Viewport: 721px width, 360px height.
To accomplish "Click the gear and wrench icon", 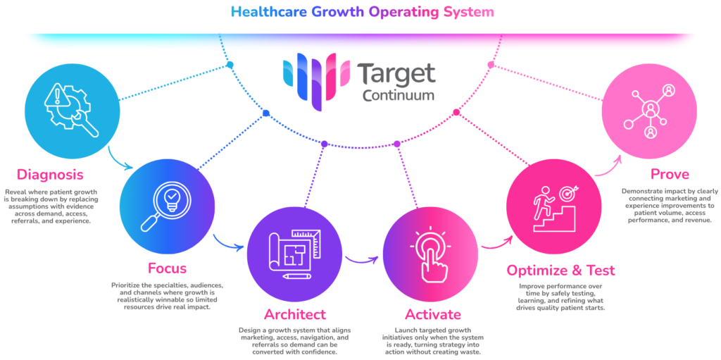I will pyautogui.click(x=70, y=110).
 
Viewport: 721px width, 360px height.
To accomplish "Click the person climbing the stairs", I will pyautogui.click(x=541, y=202).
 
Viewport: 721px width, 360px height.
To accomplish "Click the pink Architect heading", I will pyautogui.click(x=294, y=314).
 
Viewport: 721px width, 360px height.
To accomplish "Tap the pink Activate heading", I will pyautogui.click(x=432, y=314).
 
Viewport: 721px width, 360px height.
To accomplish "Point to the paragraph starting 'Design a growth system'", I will pyautogui.click(x=294, y=341).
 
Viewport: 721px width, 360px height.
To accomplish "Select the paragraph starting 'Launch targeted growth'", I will pyautogui.click(x=432, y=341).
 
